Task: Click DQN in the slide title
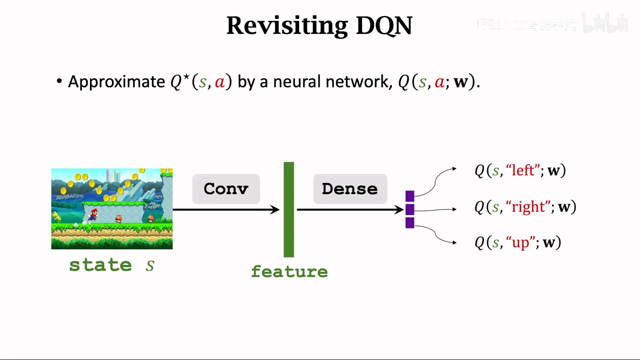click(383, 25)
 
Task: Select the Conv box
click(226, 188)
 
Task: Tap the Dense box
click(350, 188)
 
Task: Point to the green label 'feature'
click(289, 271)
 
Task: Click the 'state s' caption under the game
click(111, 265)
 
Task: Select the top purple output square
click(409, 196)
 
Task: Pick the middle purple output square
click(409, 209)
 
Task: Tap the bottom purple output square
click(409, 222)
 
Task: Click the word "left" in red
click(523, 170)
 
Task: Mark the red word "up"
click(520, 242)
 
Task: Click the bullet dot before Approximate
click(59, 81)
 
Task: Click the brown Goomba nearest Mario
click(118, 218)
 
